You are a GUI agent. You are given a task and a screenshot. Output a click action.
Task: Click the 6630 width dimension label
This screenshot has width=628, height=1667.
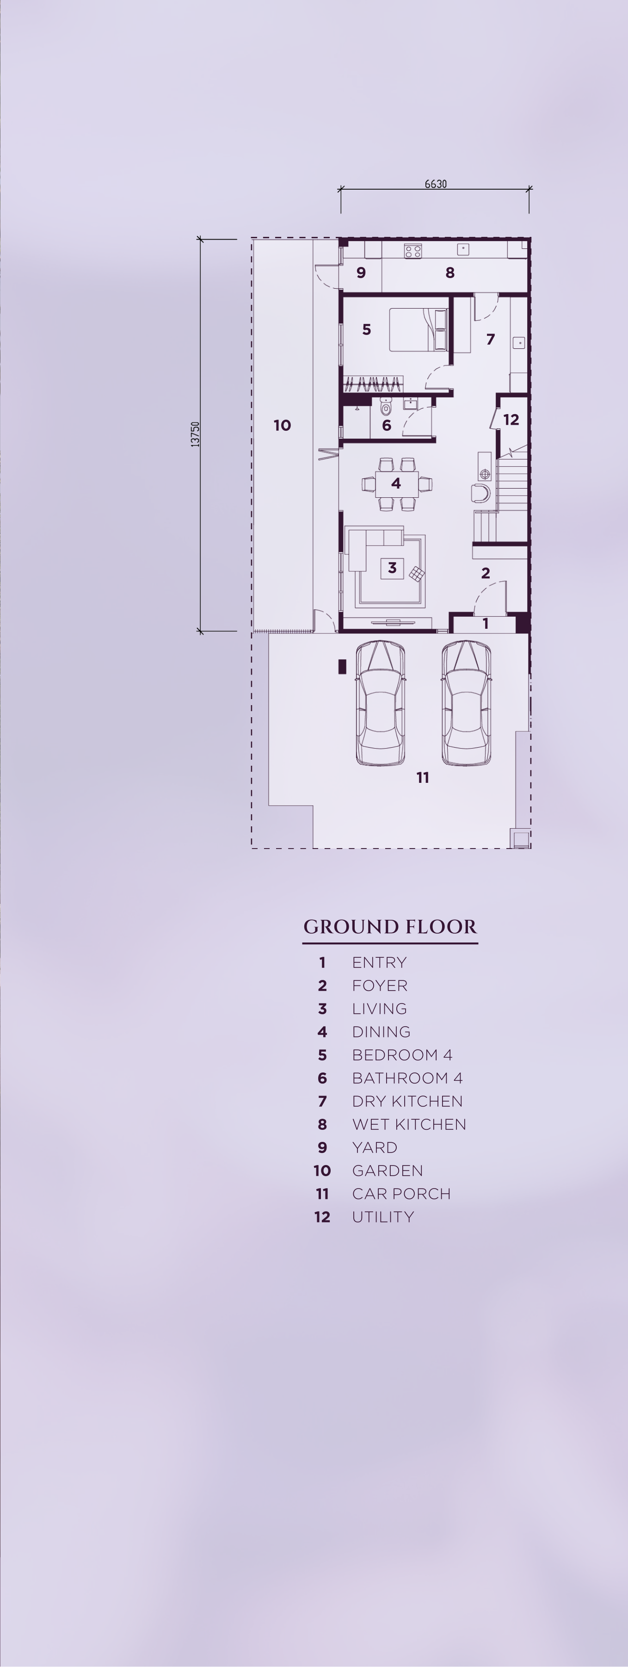[x=435, y=184]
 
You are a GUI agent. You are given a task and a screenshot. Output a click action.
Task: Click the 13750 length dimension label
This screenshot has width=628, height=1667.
[x=195, y=434]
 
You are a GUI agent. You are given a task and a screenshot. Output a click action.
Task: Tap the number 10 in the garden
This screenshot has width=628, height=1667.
[x=282, y=425]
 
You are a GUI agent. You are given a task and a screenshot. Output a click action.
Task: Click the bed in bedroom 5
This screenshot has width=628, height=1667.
[x=418, y=329]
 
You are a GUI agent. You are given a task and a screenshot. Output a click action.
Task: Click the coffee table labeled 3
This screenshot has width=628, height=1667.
[x=392, y=568]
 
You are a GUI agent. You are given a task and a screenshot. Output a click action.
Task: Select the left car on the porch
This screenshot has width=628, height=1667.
[x=380, y=703]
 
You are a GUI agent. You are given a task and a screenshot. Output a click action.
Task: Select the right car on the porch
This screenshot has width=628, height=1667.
[x=466, y=703]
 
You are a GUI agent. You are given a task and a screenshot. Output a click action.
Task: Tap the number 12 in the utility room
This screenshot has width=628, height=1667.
[x=511, y=419]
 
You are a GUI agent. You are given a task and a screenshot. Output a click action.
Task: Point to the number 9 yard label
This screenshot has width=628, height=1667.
[x=361, y=273]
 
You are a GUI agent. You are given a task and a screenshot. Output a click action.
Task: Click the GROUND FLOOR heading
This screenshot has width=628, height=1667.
[x=390, y=927]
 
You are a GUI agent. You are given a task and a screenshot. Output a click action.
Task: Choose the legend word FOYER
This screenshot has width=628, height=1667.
[x=380, y=985]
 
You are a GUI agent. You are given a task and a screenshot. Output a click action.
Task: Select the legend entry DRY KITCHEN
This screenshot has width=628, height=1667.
[x=407, y=1101]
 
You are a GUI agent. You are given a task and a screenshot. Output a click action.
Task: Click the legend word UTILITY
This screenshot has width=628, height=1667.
[x=383, y=1217]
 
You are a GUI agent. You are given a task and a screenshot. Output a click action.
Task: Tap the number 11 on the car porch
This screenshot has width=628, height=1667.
[x=422, y=777]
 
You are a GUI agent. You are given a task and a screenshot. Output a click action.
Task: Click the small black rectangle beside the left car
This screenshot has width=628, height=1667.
[x=342, y=667]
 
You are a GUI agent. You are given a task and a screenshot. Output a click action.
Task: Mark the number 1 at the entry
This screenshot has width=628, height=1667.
[x=485, y=624]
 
